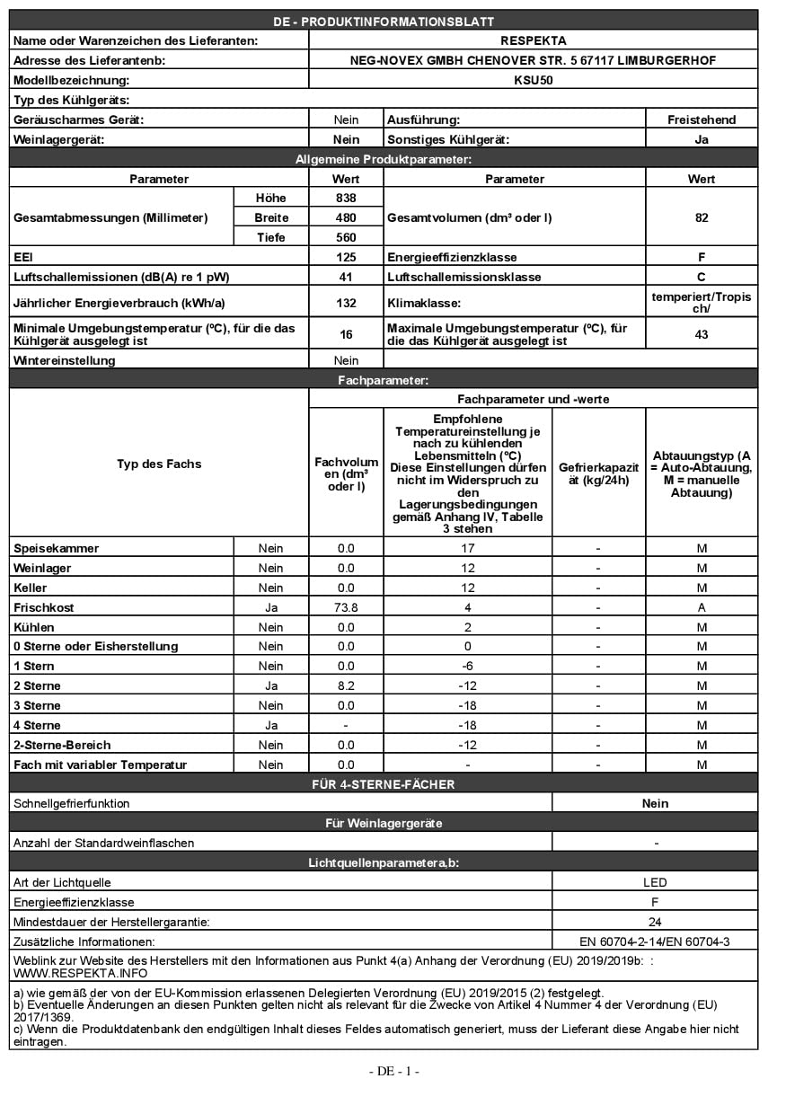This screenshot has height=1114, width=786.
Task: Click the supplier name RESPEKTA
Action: pos(534,40)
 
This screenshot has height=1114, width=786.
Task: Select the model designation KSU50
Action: pos(534,80)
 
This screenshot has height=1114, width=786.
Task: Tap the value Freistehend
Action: pos(702,119)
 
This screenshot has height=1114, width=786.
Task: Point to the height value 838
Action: pos(346,198)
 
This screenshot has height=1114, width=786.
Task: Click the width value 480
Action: pos(346,217)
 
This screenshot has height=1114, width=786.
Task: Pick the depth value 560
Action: pos(346,237)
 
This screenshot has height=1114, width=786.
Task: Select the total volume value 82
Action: pos(702,217)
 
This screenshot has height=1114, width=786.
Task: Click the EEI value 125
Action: pos(346,257)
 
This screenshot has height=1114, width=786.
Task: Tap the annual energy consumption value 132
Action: pos(346,304)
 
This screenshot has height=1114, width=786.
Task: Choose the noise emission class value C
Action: pos(702,277)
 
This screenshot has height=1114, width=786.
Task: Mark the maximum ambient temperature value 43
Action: pos(702,334)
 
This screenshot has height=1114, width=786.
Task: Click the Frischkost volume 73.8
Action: pos(346,607)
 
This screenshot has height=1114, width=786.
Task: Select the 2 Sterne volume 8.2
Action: pos(346,685)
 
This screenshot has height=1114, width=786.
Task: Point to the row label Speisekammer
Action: pos(57,548)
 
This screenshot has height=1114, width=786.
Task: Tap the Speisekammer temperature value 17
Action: pos(467,548)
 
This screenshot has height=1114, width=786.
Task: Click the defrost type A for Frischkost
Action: pos(702,607)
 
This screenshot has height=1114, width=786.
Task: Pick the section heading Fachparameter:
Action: pos(383,381)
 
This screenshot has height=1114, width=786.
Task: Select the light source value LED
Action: pos(655,882)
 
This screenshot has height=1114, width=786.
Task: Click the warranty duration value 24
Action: pos(655,922)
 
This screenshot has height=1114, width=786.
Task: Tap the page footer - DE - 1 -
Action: pos(393,1071)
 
